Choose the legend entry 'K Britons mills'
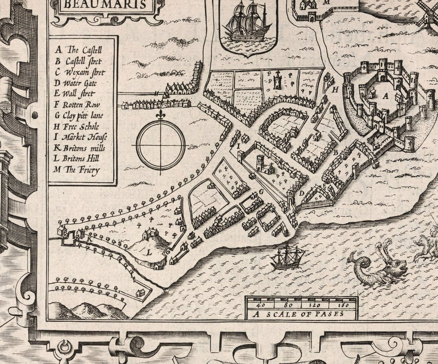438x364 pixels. (81, 148)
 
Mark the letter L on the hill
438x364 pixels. (149, 253)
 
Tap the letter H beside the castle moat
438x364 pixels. (335, 90)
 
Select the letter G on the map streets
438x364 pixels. (261, 192)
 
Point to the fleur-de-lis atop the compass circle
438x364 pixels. (161, 115)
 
